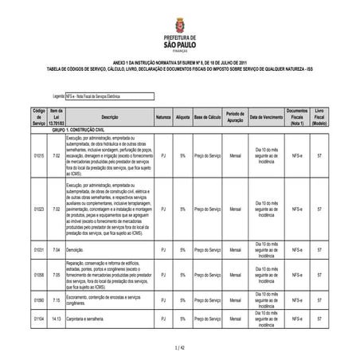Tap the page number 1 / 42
(179, 348)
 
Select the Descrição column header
(111, 116)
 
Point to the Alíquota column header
(183, 116)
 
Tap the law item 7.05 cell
(56, 275)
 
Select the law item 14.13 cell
(56, 318)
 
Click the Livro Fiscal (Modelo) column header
(319, 116)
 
